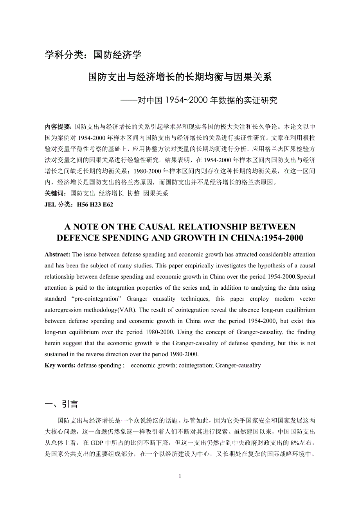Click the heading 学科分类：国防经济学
coord(93,55)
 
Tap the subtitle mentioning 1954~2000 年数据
coord(200,100)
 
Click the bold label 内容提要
coord(58,127)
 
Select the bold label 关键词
coord(56,193)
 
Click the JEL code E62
coord(108,204)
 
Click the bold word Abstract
coord(57,254)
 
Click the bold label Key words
coord(60,366)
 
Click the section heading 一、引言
coord(61,404)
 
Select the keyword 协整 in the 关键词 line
coord(133,193)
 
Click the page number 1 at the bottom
coord(180,476)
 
